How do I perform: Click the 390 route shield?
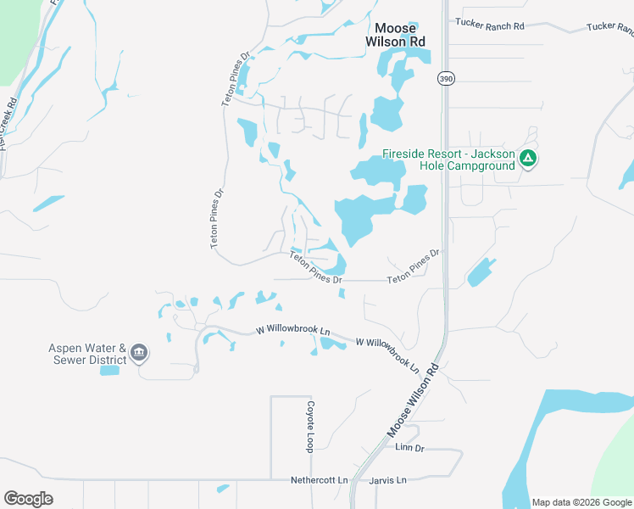coord(446,79)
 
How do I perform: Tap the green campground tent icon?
coord(527,158)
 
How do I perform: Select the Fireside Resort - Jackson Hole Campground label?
coord(448,159)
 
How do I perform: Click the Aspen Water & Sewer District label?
coord(87,354)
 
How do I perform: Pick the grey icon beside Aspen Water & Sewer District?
coord(140,352)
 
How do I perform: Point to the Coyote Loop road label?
coord(311,426)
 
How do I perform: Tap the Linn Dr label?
coord(409,447)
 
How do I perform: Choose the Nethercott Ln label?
coord(320,480)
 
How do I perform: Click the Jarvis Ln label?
coord(388,480)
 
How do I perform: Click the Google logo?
coord(28,499)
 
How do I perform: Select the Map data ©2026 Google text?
coord(581,502)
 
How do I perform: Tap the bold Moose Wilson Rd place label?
coord(395,34)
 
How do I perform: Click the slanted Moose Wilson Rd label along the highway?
coord(414,400)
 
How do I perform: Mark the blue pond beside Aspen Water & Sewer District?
coord(109,371)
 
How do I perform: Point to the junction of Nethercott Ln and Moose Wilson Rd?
coord(353,480)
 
